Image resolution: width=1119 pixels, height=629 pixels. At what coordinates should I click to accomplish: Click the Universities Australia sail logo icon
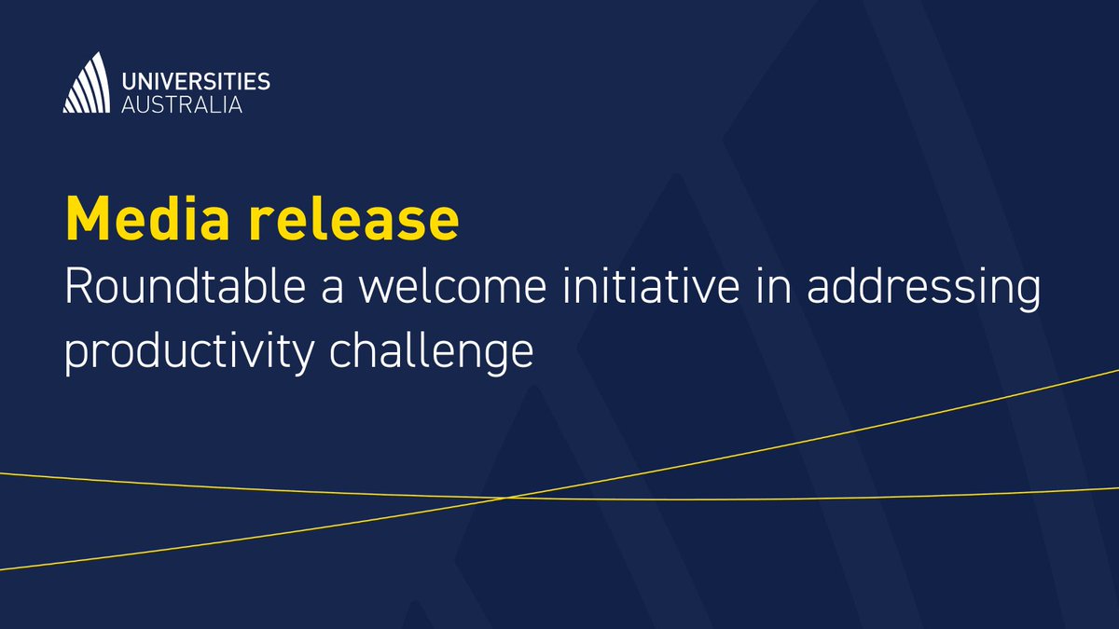[87, 83]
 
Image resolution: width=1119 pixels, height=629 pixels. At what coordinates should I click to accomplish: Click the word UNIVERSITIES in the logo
[196, 81]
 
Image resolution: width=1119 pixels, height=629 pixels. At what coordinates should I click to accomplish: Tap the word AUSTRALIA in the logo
[182, 104]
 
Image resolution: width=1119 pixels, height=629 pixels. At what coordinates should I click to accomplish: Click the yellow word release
[353, 218]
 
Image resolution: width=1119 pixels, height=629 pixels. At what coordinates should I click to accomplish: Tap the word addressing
[924, 291]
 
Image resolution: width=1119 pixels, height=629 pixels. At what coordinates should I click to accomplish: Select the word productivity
[189, 353]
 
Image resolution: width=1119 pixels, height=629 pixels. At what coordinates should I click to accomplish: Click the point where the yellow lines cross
[504, 498]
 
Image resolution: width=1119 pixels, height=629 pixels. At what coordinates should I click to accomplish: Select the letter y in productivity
[301, 358]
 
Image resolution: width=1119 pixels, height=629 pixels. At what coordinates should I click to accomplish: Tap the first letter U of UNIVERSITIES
[130, 81]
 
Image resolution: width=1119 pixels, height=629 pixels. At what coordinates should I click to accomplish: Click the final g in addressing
[1029, 295]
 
